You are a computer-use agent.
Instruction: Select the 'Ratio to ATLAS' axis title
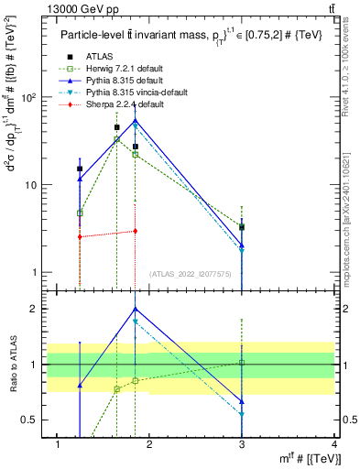12,365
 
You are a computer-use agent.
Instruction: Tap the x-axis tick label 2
149,444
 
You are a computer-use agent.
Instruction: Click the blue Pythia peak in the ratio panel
135,309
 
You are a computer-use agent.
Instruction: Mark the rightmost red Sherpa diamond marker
135,231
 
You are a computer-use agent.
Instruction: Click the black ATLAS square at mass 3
242,226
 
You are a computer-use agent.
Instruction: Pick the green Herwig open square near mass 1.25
80,213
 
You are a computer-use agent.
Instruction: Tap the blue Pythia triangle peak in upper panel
135,120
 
